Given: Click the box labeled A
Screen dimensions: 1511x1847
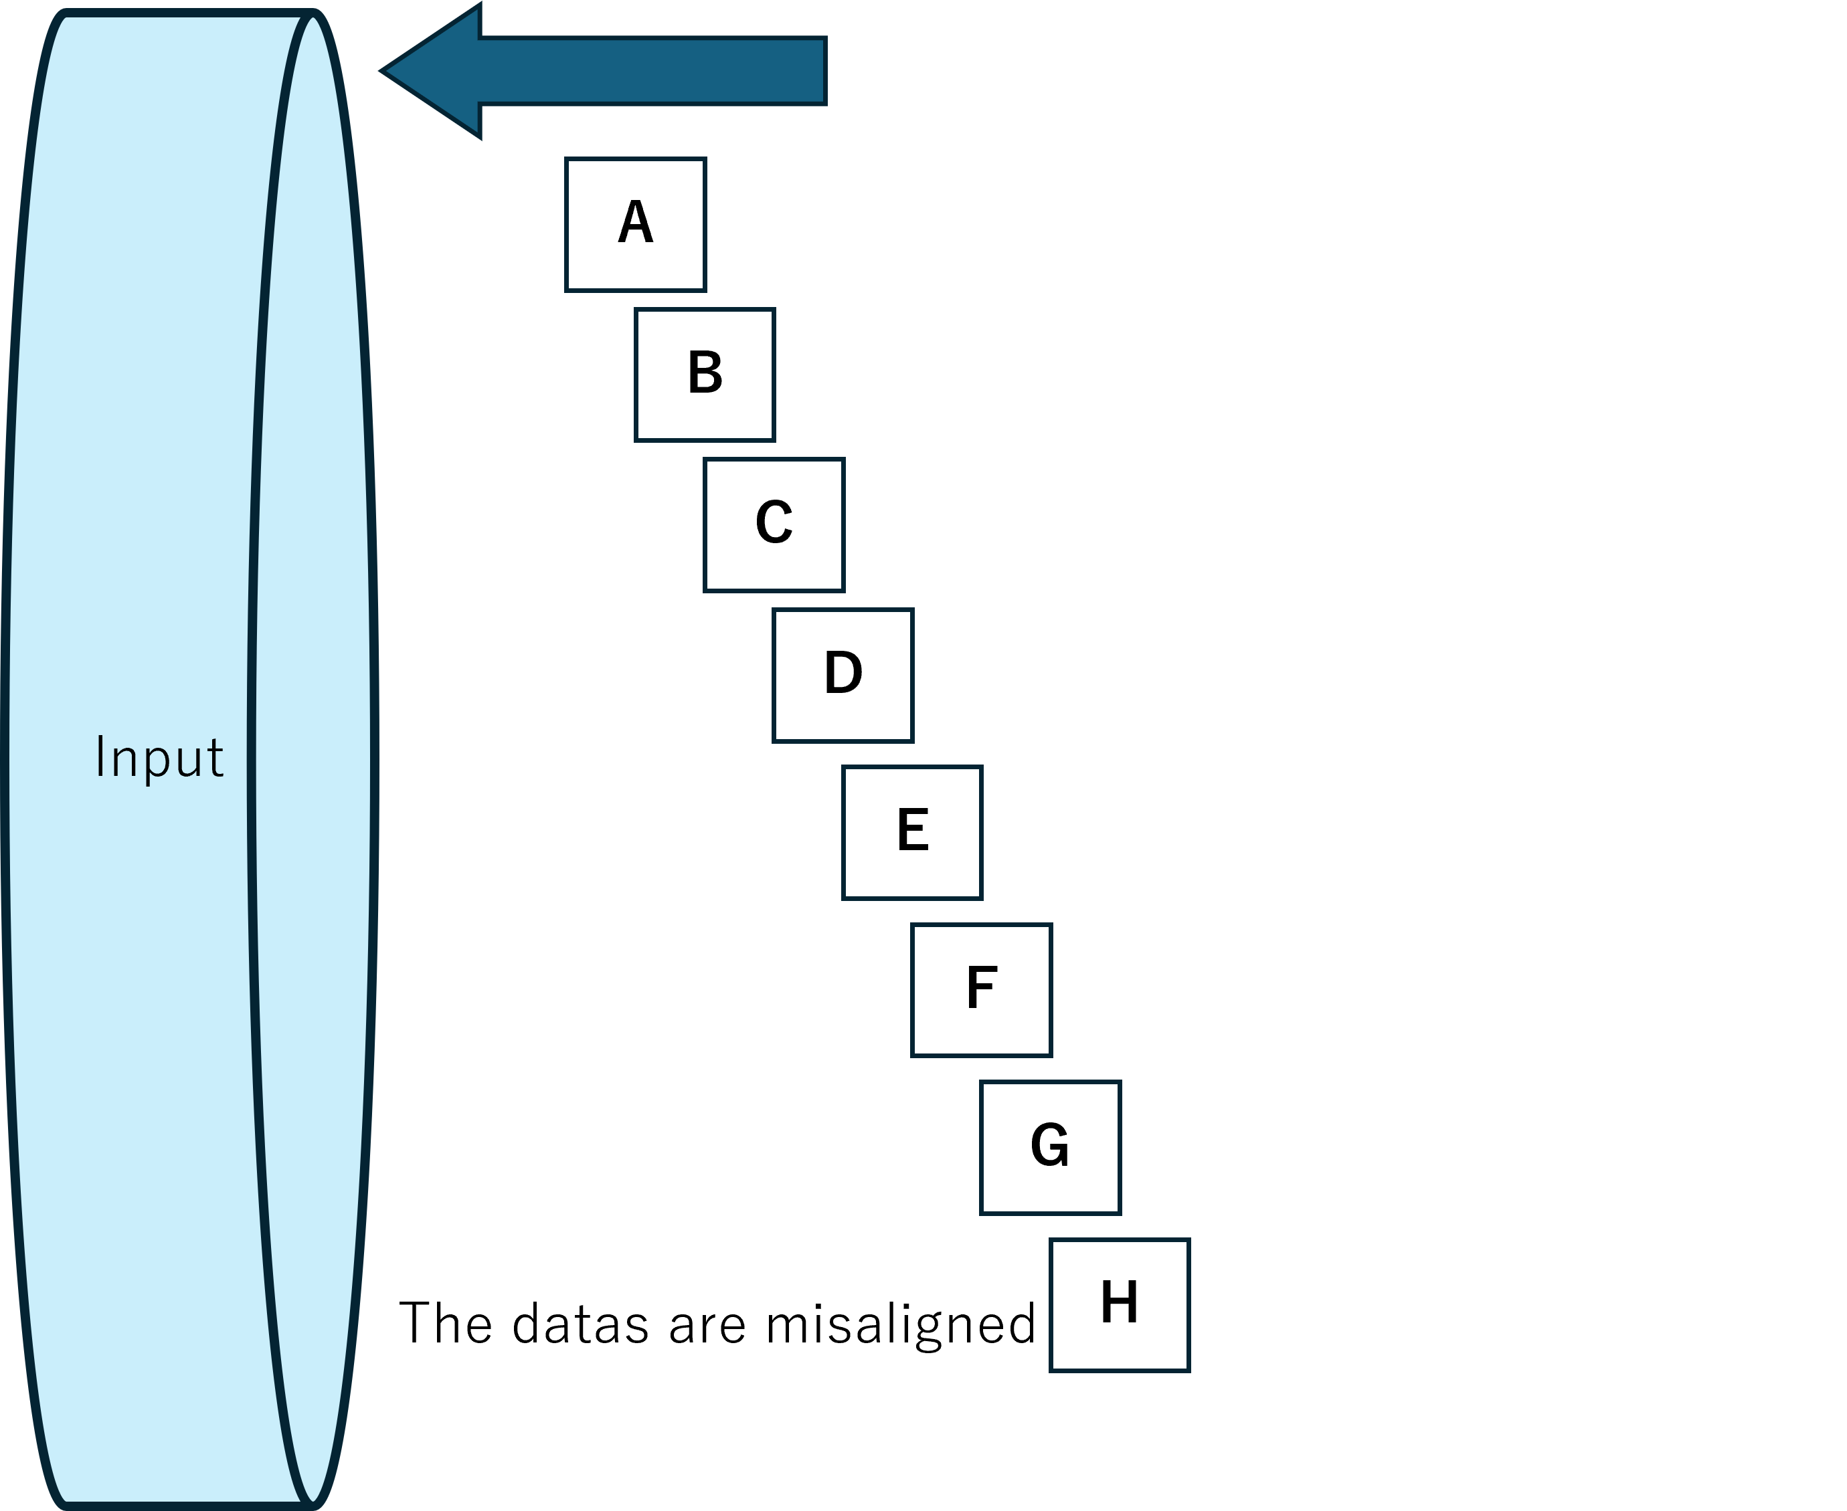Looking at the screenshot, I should point(635,225).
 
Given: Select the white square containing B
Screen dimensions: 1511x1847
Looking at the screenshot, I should point(705,375).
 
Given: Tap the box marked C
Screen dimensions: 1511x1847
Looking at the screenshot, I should point(774,525).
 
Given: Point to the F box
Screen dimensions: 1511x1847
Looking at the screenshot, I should point(982,991).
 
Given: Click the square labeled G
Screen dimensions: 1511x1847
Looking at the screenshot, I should point(1050,1147).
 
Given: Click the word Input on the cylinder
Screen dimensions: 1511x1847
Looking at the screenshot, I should point(159,757).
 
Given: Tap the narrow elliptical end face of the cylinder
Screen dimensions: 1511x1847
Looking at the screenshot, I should point(312,757).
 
